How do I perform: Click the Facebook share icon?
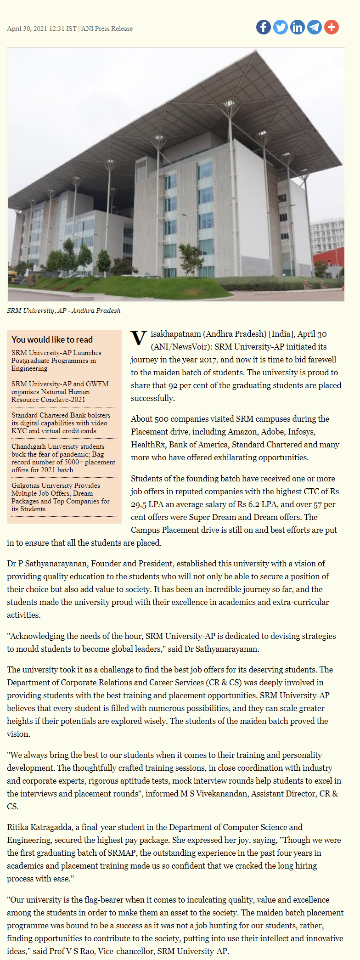[264, 27]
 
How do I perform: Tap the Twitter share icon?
[281, 27]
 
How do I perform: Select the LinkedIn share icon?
[298, 27]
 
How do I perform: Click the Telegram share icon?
[315, 27]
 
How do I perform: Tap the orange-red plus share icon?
[332, 27]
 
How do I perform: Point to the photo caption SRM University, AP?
[63, 311]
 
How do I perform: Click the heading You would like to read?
[52, 339]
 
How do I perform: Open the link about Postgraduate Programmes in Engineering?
[56, 361]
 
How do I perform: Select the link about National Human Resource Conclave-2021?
[60, 392]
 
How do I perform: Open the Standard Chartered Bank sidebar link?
[61, 423]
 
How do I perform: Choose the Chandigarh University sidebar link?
[63, 458]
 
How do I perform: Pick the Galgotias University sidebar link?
[60, 497]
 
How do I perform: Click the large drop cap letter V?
[138, 339]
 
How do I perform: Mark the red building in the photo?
[329, 260]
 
